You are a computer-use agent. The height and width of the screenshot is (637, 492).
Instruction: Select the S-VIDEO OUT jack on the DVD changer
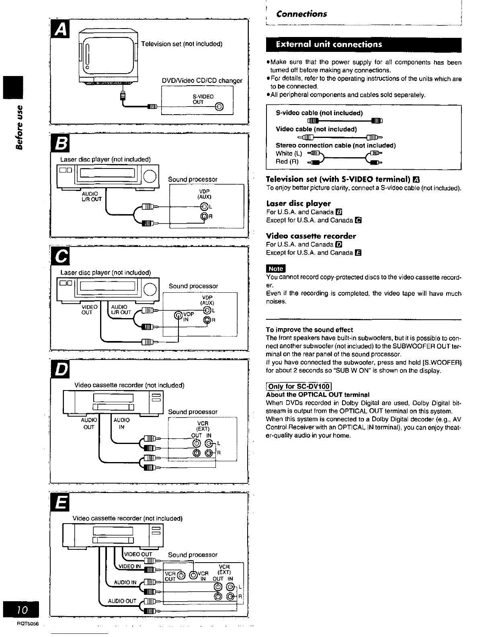coord(219,107)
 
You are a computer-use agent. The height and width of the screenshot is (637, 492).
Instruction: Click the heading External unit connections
coord(328,44)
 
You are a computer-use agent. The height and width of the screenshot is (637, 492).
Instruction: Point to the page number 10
coord(23,610)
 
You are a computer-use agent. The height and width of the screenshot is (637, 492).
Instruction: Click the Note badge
coord(276,269)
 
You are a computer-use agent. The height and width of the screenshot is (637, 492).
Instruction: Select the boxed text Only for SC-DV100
coord(299,387)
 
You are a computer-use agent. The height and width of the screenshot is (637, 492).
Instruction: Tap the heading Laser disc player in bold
coord(298,203)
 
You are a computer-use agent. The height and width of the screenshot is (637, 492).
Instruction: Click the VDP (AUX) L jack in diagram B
coord(204,207)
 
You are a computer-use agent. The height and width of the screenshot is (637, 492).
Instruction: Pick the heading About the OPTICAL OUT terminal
coord(318,395)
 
